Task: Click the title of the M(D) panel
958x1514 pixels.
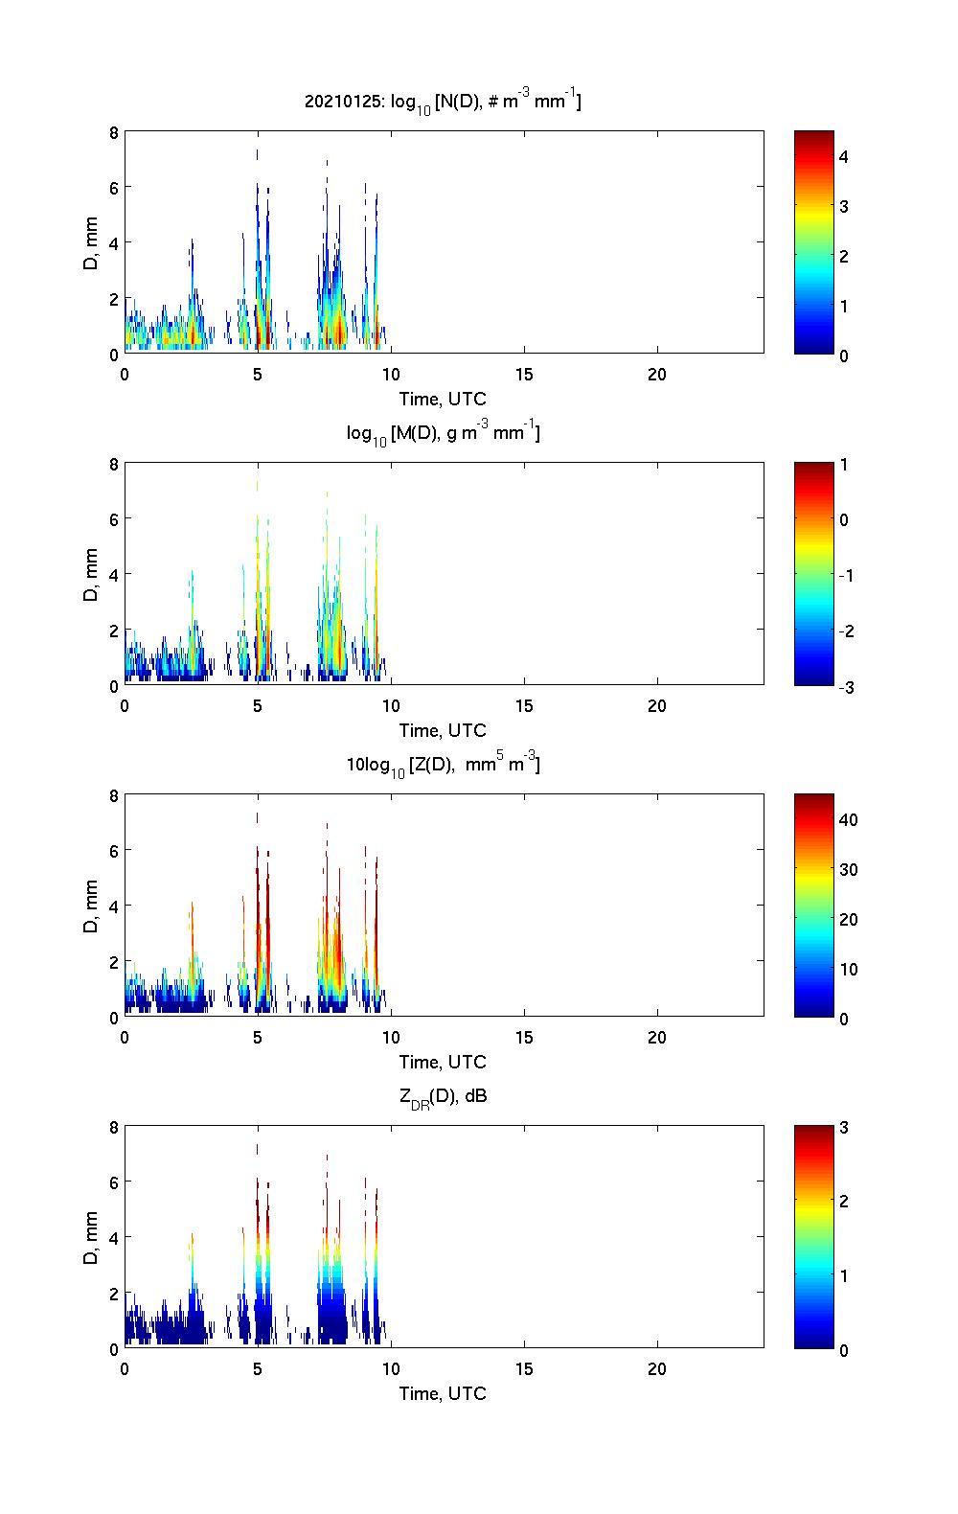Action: (444, 433)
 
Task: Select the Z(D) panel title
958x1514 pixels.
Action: (444, 765)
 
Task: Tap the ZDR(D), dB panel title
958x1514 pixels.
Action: (444, 1096)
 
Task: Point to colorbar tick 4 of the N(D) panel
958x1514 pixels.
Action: (844, 156)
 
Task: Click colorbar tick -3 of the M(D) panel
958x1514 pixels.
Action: (843, 686)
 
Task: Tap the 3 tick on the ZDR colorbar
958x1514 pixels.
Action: (844, 1128)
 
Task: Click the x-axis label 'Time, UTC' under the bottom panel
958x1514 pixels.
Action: (443, 1393)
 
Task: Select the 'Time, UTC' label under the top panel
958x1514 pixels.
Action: (443, 399)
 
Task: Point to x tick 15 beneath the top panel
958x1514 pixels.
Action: (524, 375)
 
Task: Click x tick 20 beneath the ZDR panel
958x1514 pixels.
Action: (657, 1369)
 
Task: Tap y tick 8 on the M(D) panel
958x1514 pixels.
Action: (114, 465)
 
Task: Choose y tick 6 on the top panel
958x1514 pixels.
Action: (114, 188)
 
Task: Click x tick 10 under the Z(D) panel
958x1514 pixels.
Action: (391, 1038)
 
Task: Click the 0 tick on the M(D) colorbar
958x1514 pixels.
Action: (844, 519)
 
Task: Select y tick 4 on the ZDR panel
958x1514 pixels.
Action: (114, 1238)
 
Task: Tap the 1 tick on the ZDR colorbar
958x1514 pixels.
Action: (844, 1275)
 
